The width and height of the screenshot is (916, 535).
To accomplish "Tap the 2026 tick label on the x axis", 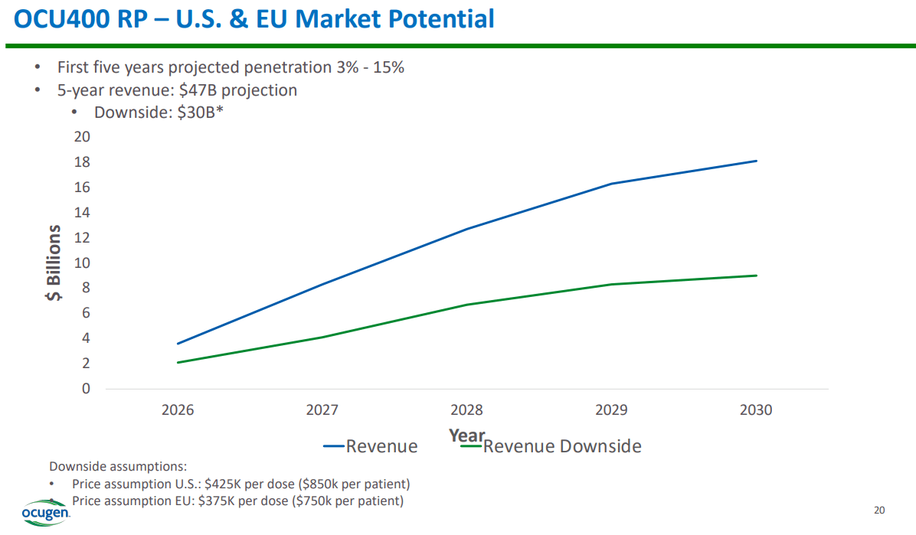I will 178,410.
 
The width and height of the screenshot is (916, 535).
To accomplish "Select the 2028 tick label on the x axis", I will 466,410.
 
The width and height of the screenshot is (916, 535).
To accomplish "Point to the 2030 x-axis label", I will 756,410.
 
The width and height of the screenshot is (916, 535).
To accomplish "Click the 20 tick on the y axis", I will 81,137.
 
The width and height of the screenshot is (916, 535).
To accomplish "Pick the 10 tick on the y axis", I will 81,263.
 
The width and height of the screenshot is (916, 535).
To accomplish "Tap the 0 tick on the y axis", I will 86,389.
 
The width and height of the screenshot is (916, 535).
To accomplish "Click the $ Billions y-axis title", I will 54,263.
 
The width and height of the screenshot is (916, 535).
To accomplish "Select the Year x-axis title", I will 466,435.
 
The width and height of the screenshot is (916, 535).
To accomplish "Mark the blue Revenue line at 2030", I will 756,161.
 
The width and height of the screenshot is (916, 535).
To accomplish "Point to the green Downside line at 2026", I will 178,362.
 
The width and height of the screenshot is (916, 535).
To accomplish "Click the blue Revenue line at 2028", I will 466,229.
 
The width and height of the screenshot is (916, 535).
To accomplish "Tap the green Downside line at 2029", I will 611,285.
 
